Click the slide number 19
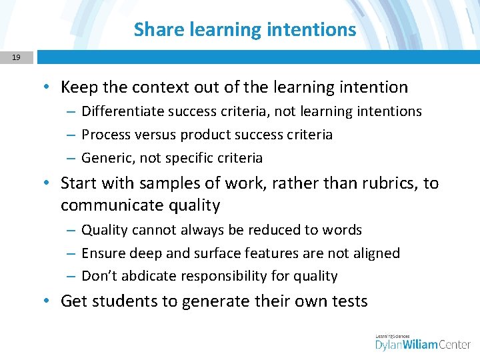click(16, 57)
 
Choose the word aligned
click(372, 253)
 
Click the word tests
click(347, 301)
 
